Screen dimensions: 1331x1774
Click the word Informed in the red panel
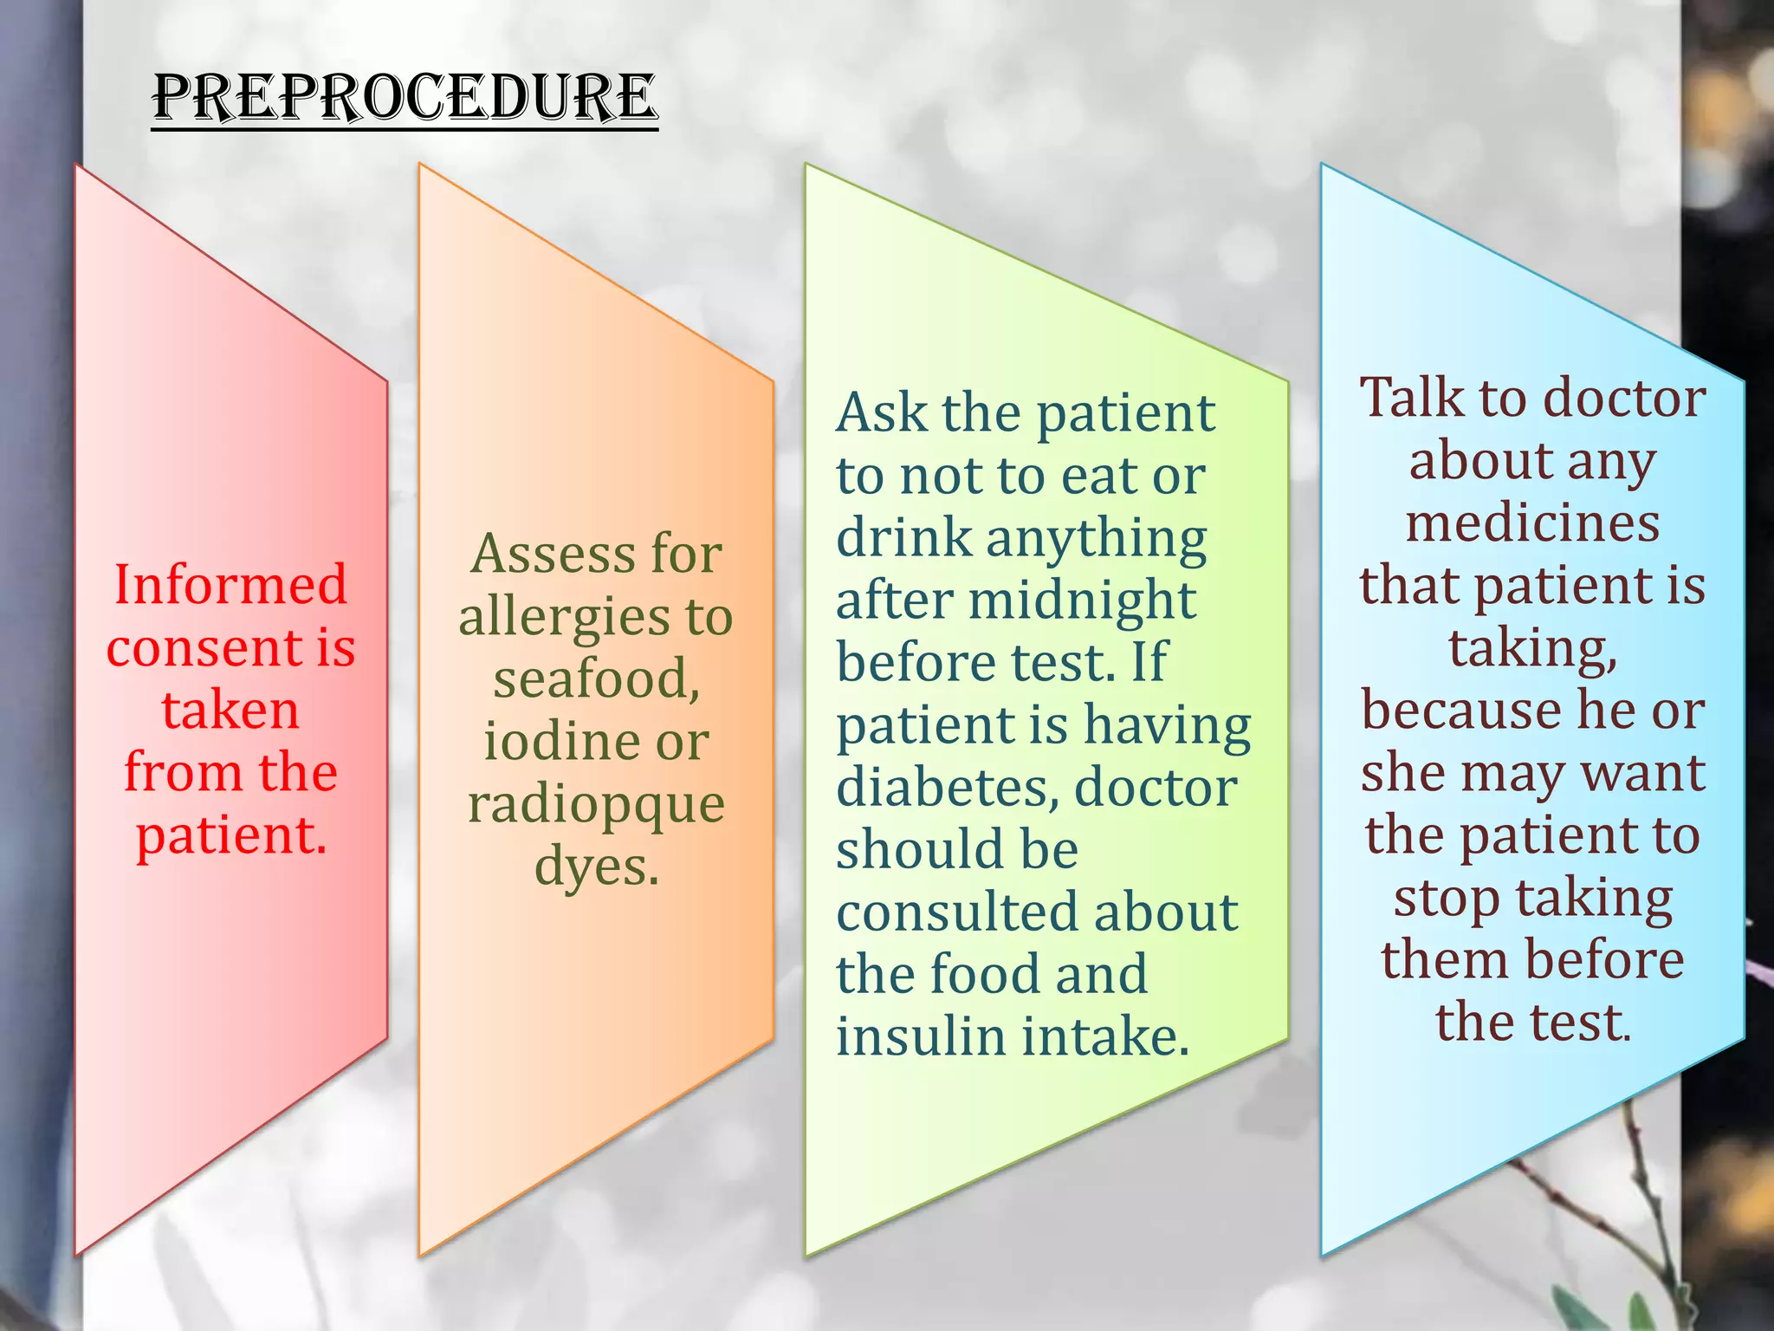click(230, 584)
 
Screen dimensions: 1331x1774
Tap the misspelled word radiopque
click(596, 805)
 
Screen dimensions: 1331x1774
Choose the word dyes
click(596, 867)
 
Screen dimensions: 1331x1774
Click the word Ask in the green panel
click(882, 412)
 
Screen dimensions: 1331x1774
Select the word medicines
click(1532, 523)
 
